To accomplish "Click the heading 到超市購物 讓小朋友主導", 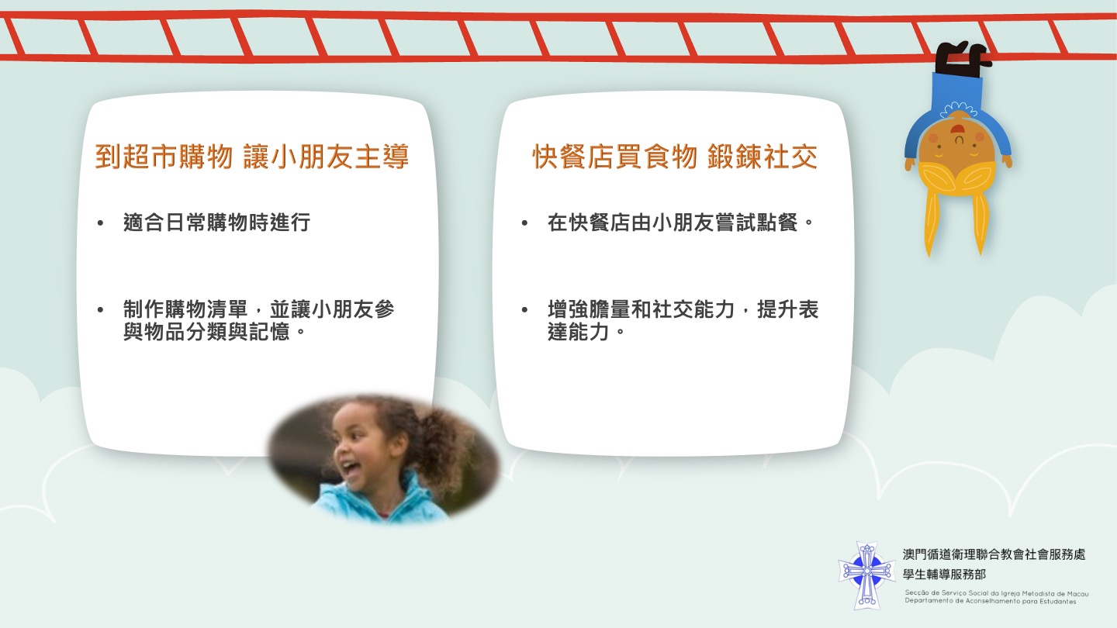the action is coord(252,157).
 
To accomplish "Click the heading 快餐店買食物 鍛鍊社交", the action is coord(675,157).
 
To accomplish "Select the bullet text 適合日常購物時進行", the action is coord(217,223).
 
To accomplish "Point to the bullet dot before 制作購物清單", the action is coord(100,310).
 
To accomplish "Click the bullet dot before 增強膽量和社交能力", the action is coord(524,310).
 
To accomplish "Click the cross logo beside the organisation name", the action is coord(866,575).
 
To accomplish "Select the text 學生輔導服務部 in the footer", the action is coord(945,575).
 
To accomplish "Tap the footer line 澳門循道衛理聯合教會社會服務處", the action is coord(994,554).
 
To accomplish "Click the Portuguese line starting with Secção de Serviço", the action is coord(996,593).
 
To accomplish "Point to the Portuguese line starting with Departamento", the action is coord(991,601).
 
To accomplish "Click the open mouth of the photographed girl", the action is coord(350,468).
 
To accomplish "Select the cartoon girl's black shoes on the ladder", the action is coord(960,58).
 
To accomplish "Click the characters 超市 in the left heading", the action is coord(150,157).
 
